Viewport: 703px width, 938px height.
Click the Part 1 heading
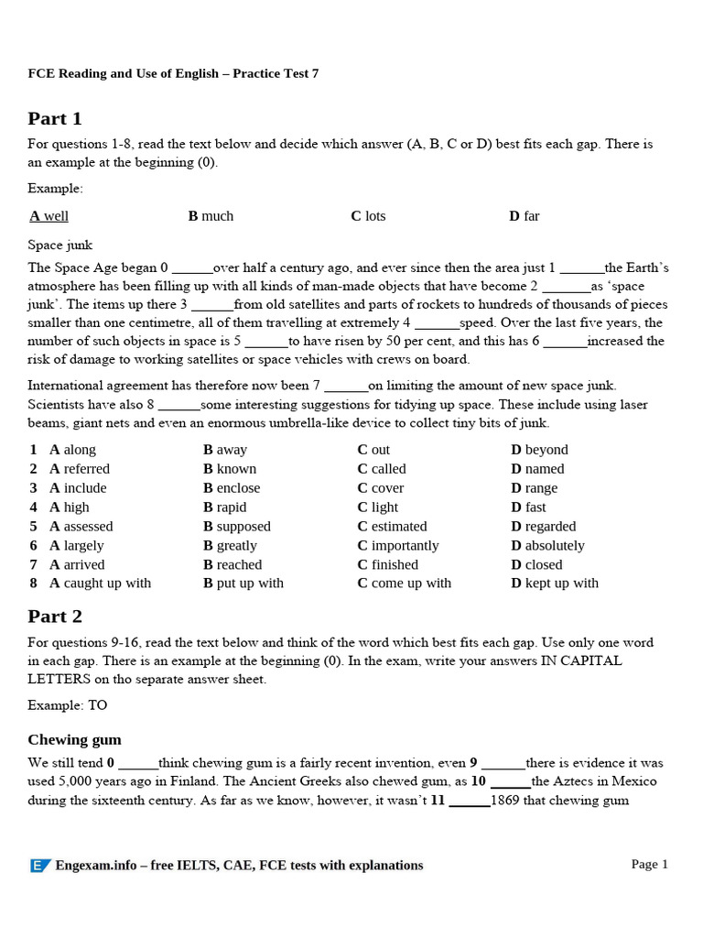(x=55, y=118)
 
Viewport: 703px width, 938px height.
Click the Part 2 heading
(x=55, y=616)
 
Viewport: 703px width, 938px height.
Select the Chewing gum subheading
(x=74, y=739)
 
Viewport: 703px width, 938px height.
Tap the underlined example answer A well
(x=49, y=216)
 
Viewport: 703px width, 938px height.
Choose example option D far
(x=524, y=216)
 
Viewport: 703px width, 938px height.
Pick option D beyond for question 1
(x=539, y=450)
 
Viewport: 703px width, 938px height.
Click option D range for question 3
(x=534, y=488)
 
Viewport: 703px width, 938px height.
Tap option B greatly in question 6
(x=231, y=546)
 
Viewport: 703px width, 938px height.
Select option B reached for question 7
(x=233, y=565)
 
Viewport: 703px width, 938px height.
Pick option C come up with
(x=404, y=584)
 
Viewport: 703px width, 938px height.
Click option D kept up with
(x=555, y=584)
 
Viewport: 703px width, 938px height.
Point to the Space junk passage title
(x=59, y=245)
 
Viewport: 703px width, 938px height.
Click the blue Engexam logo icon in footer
(x=40, y=866)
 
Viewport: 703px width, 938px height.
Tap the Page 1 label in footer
(x=650, y=864)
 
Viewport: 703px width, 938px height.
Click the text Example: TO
(x=68, y=705)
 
